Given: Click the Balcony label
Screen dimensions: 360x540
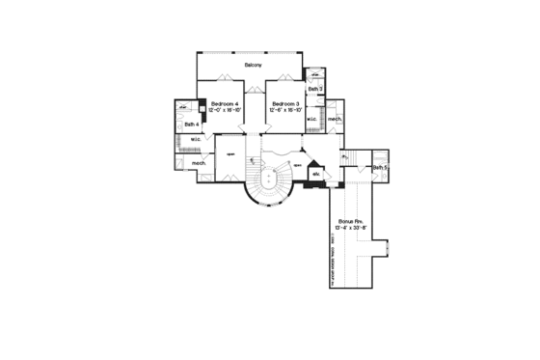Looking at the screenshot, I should pos(256,65).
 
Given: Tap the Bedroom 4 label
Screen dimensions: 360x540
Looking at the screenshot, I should pos(225,103).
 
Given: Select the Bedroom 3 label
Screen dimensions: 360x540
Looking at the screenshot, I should pos(286,103).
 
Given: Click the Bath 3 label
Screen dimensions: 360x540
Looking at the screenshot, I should pos(315,88).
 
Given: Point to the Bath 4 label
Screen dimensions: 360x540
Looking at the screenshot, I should pos(192,125).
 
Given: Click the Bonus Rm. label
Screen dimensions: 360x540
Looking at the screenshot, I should pos(350,222).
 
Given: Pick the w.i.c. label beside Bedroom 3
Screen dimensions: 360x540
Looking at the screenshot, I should pos(313,120).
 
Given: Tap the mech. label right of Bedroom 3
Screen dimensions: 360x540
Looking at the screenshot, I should pos(335,120).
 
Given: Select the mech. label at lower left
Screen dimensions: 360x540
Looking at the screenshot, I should pos(200,163).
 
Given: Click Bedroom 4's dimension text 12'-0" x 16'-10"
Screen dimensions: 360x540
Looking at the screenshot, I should pos(225,110).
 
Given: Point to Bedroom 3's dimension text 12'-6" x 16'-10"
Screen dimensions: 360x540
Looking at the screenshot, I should pos(286,110).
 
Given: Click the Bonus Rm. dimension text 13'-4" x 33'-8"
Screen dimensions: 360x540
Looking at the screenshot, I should pos(350,229).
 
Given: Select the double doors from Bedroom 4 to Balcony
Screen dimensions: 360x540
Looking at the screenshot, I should pos(225,79).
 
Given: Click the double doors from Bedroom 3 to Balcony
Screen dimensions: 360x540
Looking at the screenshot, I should pos(286,79).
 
